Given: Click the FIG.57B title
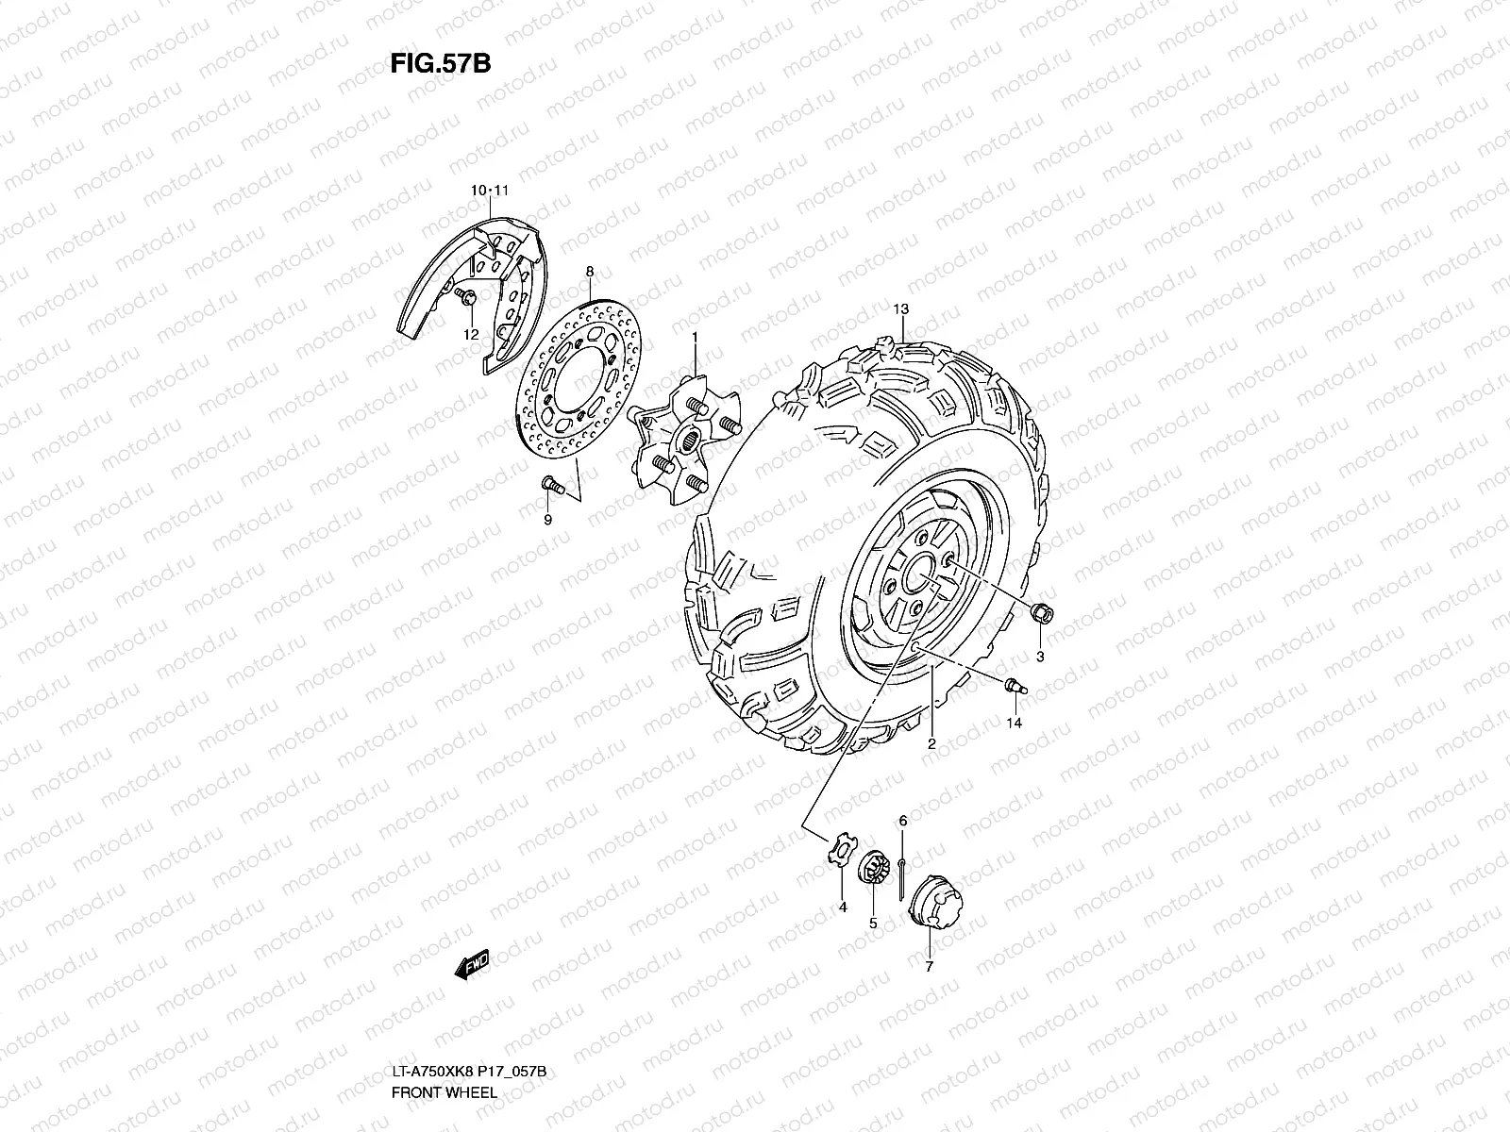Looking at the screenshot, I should tap(440, 63).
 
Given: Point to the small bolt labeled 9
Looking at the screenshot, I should tap(551, 486).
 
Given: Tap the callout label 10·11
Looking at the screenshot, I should tap(491, 191).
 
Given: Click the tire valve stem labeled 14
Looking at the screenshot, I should tap(1015, 684).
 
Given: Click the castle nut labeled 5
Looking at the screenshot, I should tap(871, 868).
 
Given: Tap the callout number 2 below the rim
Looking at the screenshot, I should tap(931, 744).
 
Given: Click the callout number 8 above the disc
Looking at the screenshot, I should tap(590, 272).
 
